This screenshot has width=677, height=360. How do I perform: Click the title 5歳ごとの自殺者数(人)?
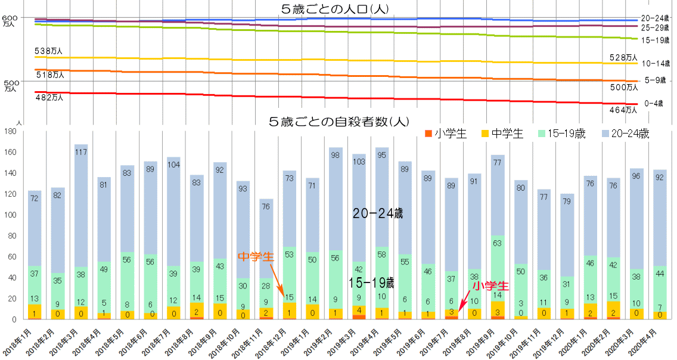pos(338,122)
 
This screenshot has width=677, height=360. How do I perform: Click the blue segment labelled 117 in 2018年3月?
pos(81,152)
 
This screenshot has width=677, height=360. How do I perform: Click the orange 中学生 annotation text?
pos(256,256)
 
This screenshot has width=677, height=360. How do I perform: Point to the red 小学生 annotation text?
pos(491,286)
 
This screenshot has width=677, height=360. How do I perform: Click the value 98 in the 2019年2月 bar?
pos(336,156)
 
